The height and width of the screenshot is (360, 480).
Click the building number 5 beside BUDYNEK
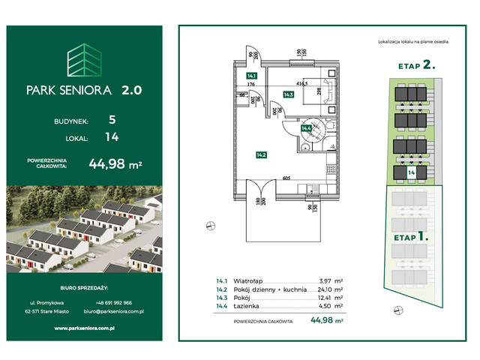[x=111, y=119]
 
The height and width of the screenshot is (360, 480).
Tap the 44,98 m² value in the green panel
[x=115, y=163]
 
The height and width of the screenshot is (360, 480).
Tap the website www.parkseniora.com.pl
[x=85, y=328]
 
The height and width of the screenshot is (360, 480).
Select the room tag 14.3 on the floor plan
[x=288, y=94]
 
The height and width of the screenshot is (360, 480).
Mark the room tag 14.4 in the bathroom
[x=306, y=128]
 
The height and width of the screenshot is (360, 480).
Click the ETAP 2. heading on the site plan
[x=416, y=65]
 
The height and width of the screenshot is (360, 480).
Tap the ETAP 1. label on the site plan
[x=410, y=237]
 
